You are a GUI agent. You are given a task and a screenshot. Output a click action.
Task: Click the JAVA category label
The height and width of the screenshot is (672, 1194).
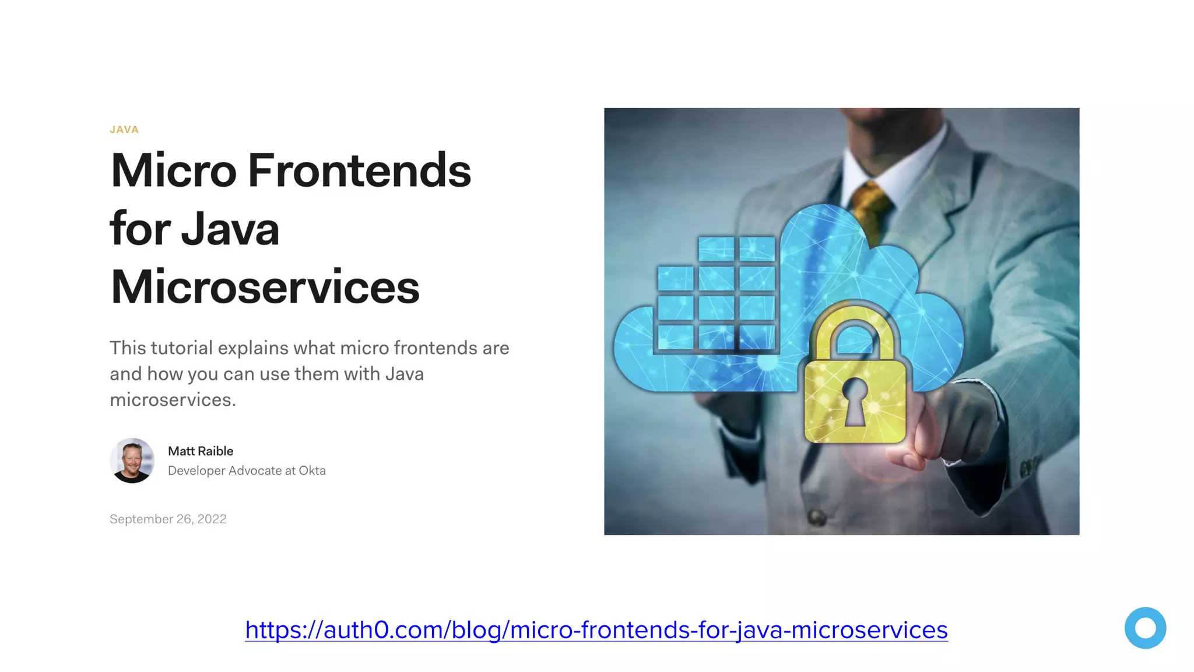click(x=124, y=129)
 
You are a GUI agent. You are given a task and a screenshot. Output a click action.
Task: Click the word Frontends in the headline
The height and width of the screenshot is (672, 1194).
click(x=359, y=171)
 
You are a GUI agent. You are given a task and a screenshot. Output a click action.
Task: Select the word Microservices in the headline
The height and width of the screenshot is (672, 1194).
click(x=265, y=287)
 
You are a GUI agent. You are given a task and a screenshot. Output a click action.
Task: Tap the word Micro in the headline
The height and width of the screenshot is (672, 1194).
click(x=174, y=171)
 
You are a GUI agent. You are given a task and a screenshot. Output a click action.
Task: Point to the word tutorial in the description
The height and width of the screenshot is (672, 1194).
click(x=182, y=348)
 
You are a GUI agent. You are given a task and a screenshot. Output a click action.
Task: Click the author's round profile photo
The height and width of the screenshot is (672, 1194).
click(x=132, y=461)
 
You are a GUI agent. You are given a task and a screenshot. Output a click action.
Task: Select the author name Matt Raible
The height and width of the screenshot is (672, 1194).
click(x=201, y=451)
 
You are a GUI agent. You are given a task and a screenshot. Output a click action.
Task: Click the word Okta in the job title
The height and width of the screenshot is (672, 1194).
click(x=312, y=471)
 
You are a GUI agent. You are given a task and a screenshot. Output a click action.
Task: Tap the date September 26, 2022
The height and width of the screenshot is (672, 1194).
click(x=168, y=519)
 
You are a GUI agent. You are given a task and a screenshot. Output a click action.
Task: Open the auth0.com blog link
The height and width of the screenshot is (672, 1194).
click(x=596, y=630)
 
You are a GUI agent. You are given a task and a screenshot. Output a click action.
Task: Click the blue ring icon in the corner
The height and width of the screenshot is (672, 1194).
click(x=1145, y=628)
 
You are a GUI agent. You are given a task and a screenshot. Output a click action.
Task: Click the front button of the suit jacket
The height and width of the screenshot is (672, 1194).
click(x=817, y=516)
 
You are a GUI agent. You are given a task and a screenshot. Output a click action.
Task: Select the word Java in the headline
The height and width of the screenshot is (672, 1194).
click(x=230, y=229)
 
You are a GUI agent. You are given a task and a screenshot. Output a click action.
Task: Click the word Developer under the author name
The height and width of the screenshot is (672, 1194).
click(x=196, y=471)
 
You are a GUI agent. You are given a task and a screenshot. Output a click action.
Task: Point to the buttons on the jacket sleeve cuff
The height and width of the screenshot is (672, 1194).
click(x=1030, y=467)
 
